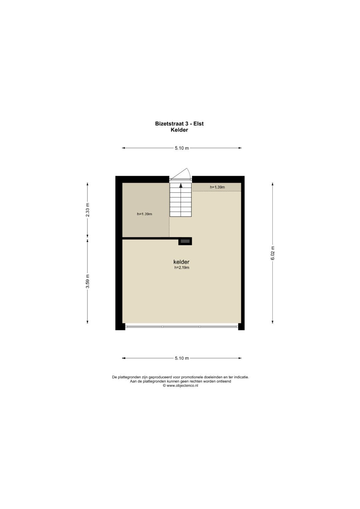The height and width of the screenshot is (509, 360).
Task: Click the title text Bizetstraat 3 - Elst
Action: click(179, 124)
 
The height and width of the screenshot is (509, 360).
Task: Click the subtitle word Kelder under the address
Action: click(179, 130)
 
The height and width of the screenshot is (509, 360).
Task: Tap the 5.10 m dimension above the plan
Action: click(182, 148)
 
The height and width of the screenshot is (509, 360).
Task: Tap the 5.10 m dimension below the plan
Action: click(182, 358)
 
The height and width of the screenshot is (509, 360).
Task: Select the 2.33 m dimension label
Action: click(88, 210)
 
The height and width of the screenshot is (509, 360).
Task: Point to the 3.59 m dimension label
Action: click(88, 281)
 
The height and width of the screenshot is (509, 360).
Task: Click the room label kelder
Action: click(181, 262)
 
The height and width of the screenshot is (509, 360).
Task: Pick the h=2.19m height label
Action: click(182, 268)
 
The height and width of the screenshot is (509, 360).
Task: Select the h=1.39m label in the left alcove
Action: click(144, 214)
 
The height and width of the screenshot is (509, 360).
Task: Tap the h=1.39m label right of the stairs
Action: click(217, 187)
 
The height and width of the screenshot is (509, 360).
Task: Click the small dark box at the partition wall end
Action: click(185, 241)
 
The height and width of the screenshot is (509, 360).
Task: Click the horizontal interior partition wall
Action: click(150, 238)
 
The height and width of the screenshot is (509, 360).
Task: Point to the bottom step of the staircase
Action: click(181, 214)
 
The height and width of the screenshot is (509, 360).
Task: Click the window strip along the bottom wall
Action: click(182, 327)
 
